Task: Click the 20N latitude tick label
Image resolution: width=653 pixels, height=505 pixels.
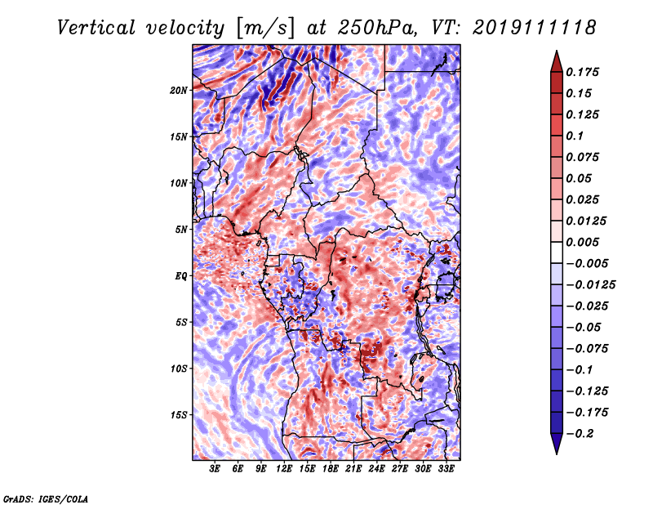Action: [179, 90]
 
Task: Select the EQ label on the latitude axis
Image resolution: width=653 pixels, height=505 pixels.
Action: [182, 276]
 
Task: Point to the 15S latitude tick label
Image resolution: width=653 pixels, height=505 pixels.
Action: [179, 415]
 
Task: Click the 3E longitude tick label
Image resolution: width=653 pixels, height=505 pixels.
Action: [215, 469]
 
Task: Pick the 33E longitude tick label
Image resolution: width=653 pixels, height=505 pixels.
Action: [446, 469]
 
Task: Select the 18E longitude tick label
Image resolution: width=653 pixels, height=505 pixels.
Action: [331, 469]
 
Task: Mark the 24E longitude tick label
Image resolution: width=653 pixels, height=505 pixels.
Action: [377, 469]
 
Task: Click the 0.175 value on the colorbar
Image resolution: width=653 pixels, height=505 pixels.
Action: [584, 72]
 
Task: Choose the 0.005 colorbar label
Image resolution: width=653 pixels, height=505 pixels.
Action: [584, 242]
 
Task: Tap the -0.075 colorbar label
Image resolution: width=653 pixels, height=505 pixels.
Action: [588, 348]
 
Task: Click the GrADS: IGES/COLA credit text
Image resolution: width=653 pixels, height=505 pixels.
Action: [45, 498]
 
